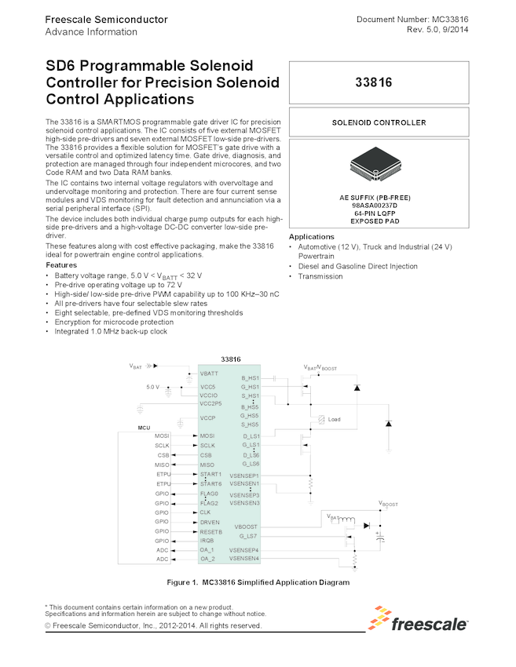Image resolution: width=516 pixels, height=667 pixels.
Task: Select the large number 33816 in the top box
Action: tap(379, 82)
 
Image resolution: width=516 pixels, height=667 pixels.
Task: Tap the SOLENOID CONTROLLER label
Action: tap(379, 123)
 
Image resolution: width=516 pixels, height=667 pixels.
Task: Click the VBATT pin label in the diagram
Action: tap(209, 374)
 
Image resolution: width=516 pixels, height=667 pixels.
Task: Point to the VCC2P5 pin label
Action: tap(211, 403)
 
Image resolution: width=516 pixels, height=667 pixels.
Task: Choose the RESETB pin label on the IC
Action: tap(211, 531)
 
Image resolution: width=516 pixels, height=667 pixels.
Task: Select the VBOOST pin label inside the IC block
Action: tap(245, 527)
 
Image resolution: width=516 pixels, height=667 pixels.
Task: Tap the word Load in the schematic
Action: tap(334, 419)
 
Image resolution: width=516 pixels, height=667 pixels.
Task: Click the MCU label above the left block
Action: tap(144, 428)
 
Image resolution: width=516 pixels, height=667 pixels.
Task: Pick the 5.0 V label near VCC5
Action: tap(153, 387)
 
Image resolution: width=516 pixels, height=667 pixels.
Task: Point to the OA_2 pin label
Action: tap(207, 559)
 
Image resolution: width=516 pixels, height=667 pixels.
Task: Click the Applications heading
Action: tap(312, 237)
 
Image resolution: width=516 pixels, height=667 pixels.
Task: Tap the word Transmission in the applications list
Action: tap(322, 276)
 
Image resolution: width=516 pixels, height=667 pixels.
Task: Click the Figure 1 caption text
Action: tap(258, 583)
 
